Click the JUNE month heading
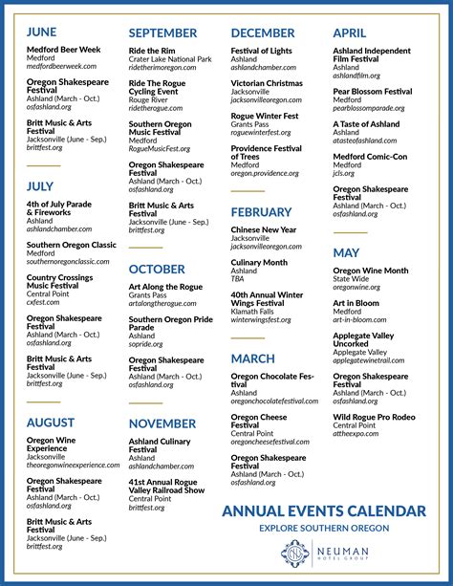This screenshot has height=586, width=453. (x=42, y=33)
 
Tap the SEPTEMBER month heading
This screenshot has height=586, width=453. (x=162, y=33)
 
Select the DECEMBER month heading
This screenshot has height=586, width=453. (x=263, y=33)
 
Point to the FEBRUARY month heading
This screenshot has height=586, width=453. (x=262, y=212)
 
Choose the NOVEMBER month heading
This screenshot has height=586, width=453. (x=162, y=423)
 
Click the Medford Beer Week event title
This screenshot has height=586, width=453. (x=63, y=50)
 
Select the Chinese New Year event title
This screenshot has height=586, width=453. (x=264, y=229)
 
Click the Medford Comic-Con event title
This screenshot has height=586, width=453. (x=370, y=157)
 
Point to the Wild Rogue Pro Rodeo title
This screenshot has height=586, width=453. (x=374, y=417)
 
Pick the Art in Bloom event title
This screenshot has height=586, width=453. (x=356, y=303)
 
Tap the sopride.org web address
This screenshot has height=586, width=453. (x=146, y=344)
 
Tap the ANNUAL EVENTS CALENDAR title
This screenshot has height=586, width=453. (x=324, y=510)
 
